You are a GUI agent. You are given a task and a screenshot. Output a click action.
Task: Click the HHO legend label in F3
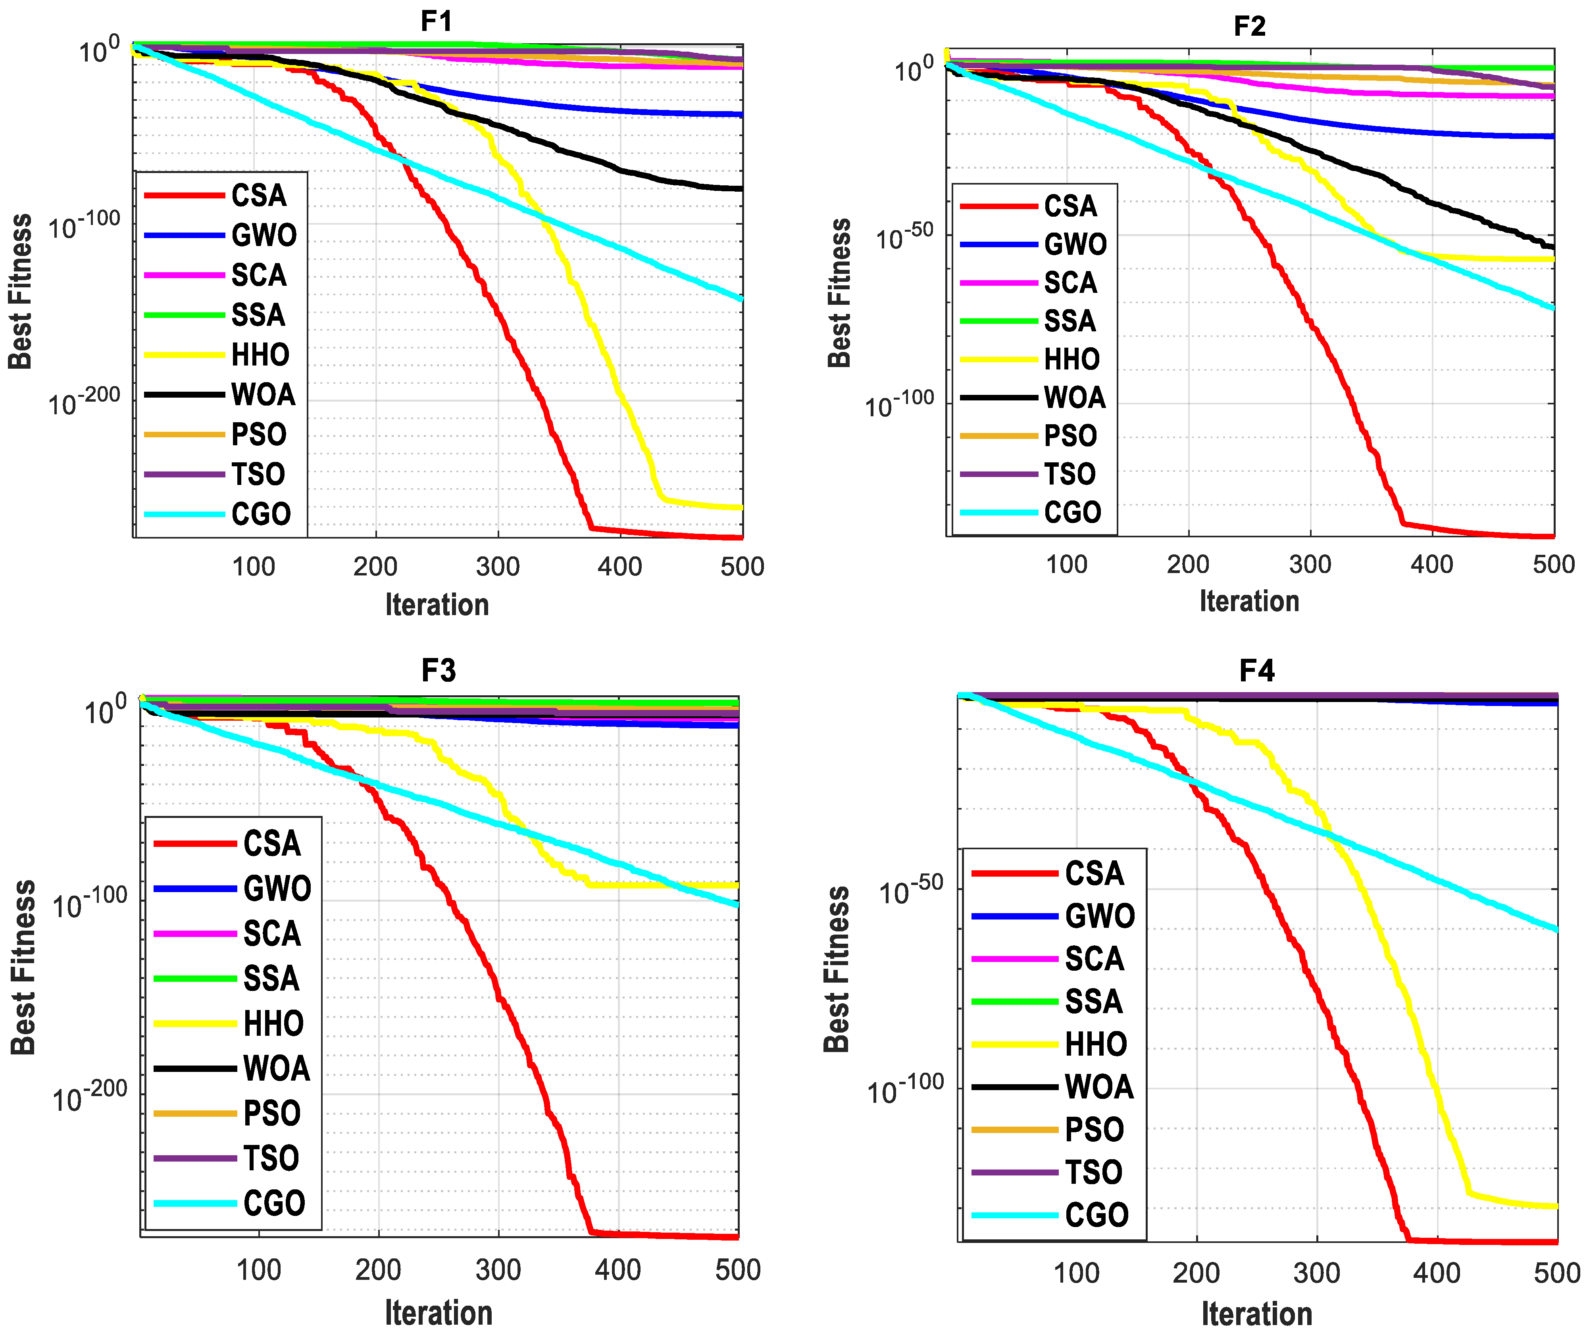click(273, 1023)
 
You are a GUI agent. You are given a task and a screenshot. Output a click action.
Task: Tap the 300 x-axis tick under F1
click(497, 566)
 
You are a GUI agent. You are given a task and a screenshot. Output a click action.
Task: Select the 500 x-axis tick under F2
click(1553, 564)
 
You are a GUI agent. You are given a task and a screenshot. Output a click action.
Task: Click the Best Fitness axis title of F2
click(839, 293)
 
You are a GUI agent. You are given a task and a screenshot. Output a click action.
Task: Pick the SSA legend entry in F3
click(271, 979)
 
